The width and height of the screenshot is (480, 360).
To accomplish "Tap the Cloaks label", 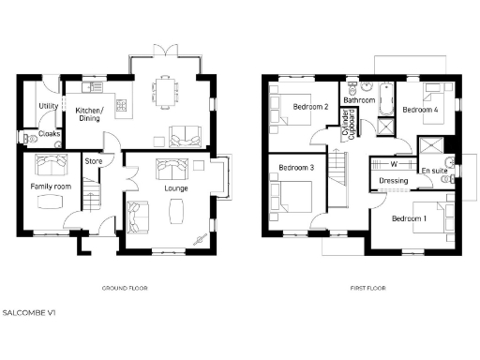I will click(49, 134).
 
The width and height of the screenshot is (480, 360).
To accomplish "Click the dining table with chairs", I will click(167, 91).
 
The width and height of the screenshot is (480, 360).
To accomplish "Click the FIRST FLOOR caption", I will click(364, 288).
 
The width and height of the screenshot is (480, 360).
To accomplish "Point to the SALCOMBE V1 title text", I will click(29, 310).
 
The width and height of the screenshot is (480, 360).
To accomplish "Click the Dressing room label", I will click(392, 180).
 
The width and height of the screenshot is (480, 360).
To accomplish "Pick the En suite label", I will click(432, 171).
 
